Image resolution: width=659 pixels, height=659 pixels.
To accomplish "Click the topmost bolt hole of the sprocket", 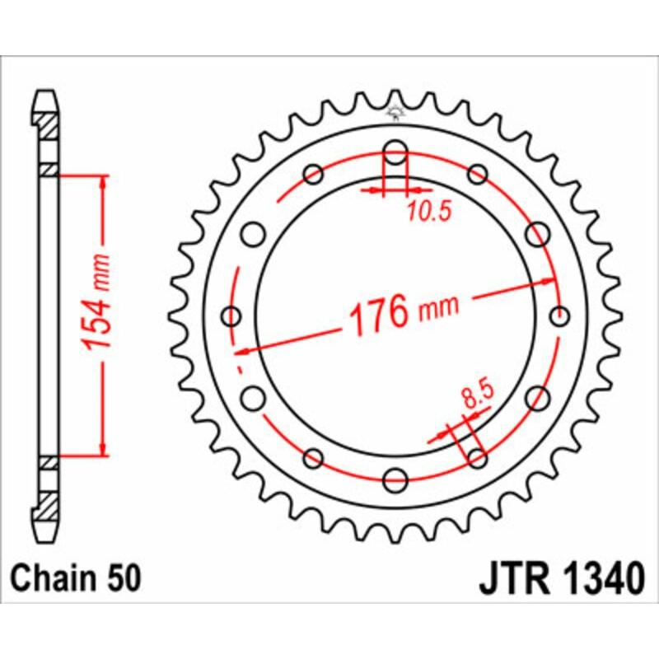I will pyautogui.click(x=395, y=153).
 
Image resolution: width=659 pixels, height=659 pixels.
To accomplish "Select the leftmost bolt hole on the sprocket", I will pyautogui.click(x=231, y=315).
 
